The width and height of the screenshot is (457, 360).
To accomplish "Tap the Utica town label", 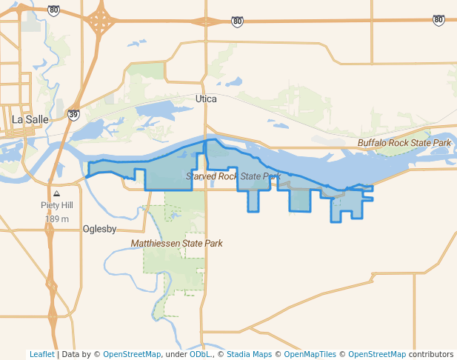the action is (x=206, y=99).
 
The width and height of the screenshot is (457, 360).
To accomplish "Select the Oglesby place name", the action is (x=100, y=229).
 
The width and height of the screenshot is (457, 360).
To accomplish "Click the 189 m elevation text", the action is (x=57, y=219).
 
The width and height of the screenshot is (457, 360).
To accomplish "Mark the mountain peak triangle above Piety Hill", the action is (x=57, y=194).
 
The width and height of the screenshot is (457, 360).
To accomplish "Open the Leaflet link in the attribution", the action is (x=42, y=354).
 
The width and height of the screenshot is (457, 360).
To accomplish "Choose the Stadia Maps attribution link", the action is (x=249, y=354).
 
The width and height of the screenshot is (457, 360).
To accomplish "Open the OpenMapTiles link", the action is (x=307, y=354).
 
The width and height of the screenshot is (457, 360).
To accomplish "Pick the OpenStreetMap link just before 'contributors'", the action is (x=377, y=354).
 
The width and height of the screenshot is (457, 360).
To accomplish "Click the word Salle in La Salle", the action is (x=36, y=119).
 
